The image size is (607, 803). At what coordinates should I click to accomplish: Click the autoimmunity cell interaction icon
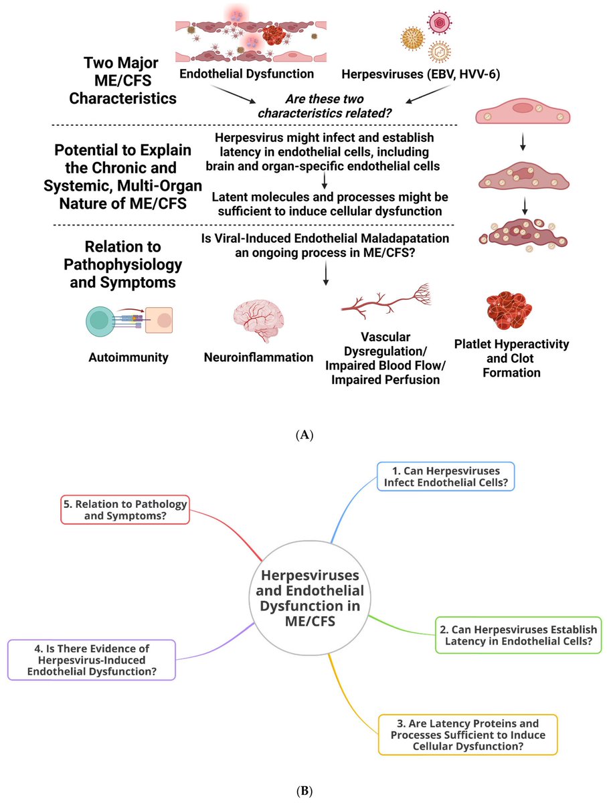(128, 321)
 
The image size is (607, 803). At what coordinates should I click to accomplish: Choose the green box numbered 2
(518, 635)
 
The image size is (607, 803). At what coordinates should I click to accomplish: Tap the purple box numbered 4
(92, 660)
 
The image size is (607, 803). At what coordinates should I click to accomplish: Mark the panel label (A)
(303, 435)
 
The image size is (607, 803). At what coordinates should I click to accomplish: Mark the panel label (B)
(303, 790)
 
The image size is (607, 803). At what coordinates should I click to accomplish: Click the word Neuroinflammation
(258, 357)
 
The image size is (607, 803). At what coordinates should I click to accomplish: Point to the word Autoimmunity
(128, 357)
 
